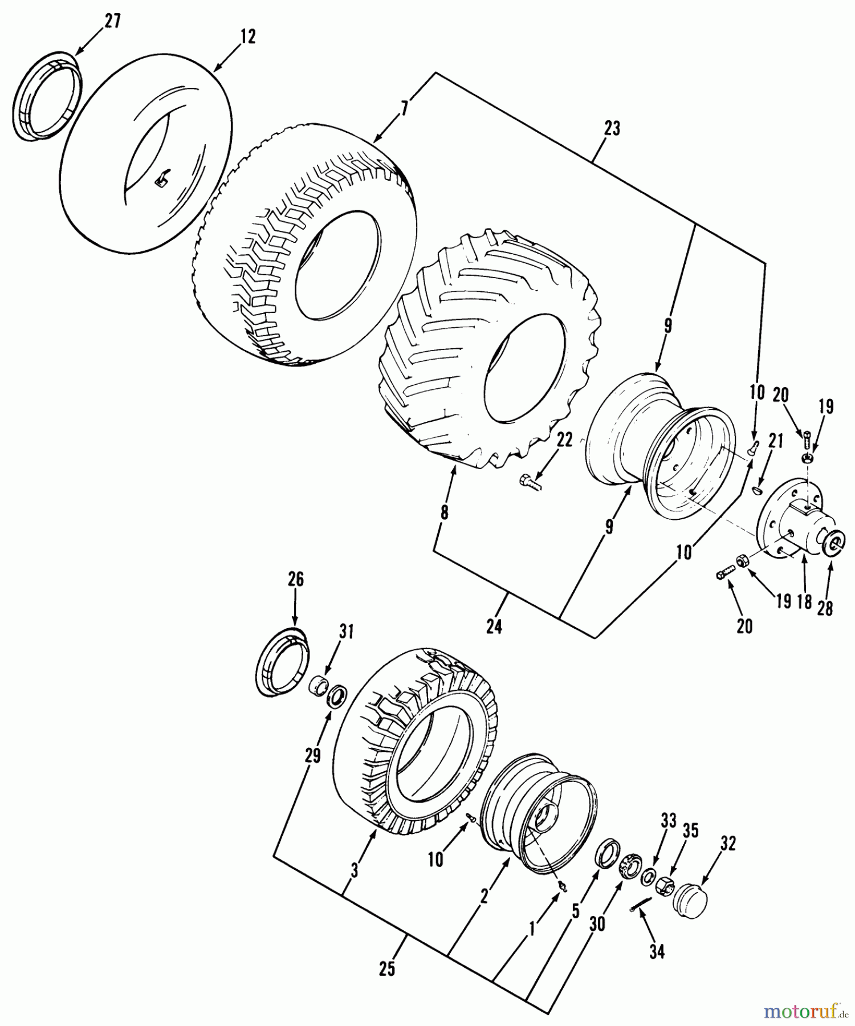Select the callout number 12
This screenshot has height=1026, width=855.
tap(247, 36)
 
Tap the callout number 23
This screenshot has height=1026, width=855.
tap(612, 128)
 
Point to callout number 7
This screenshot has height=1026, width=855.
tap(404, 107)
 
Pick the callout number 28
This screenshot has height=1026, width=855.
tap(825, 608)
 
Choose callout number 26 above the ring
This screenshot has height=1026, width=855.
tap(295, 580)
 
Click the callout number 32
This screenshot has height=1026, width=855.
tap(728, 843)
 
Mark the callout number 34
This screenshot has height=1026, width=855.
tap(657, 951)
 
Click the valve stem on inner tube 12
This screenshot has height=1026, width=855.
tap(161, 179)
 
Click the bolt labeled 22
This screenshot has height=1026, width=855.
tap(530, 482)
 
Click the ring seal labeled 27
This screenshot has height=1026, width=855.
tap(46, 94)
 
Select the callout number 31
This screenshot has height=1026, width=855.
tap(347, 632)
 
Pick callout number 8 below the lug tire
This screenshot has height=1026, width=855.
tap(444, 512)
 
